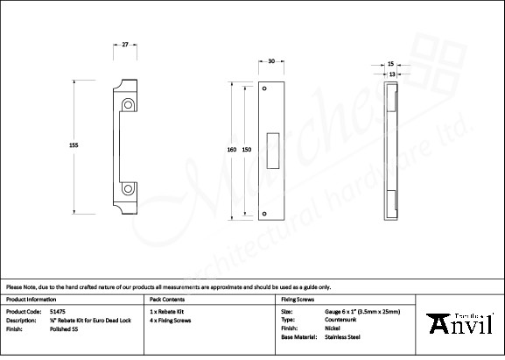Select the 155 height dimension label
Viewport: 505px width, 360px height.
pyautogui.click(x=74, y=146)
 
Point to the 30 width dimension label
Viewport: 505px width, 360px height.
pyautogui.click(x=271, y=62)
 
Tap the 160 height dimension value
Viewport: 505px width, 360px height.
pyautogui.click(x=232, y=150)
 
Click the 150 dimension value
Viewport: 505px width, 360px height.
pyautogui.click(x=247, y=150)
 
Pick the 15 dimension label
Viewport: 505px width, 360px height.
pyautogui.click(x=390, y=64)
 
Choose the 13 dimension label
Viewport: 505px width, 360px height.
pyautogui.click(x=390, y=74)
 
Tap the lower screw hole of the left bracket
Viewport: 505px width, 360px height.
pyautogui.click(x=129, y=187)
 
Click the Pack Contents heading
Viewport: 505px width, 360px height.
pyautogui.click(x=168, y=299)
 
